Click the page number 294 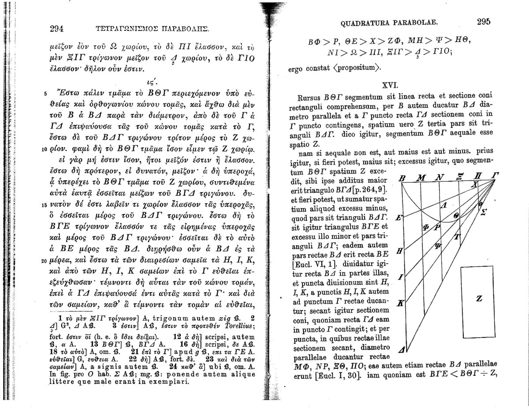click(57, 29)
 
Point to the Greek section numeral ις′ click(152, 81)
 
